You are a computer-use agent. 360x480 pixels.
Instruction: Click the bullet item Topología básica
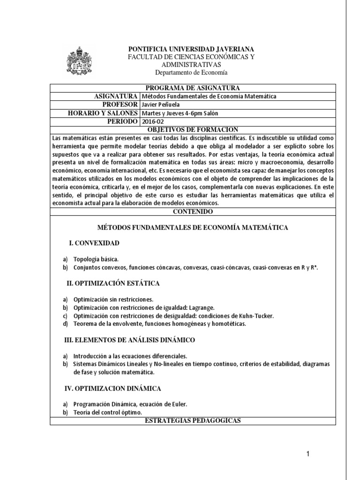coord(96,259)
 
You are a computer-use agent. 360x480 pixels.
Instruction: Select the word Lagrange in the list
coord(202,307)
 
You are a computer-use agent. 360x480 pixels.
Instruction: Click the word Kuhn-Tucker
coord(257,315)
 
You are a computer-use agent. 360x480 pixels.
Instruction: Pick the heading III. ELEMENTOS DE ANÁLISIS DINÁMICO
coord(129,339)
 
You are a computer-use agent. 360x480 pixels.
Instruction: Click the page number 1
coord(308,454)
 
